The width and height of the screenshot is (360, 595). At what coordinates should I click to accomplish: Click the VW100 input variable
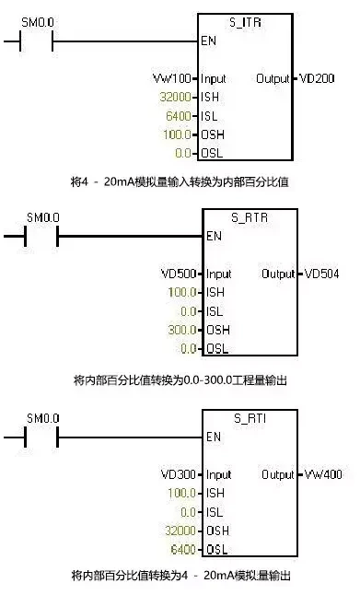[x=170, y=78]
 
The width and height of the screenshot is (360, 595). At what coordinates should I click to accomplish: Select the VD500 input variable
[x=180, y=274]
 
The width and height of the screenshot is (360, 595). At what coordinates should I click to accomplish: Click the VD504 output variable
[x=323, y=274]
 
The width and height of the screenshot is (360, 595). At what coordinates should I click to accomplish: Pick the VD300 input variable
[x=180, y=474]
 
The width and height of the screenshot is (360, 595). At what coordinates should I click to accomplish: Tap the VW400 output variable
[x=323, y=474]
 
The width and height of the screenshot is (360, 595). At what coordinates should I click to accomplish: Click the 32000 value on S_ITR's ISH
[x=173, y=98]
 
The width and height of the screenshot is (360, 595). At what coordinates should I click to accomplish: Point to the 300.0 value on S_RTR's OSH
[x=182, y=330]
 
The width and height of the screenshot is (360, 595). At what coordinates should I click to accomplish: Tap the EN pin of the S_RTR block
[x=215, y=236]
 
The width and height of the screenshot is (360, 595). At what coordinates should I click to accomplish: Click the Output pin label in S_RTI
[x=277, y=474]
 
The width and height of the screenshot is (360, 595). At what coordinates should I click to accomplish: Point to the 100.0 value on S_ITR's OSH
[x=176, y=134]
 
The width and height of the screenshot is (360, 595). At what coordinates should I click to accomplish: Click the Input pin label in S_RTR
[x=219, y=274]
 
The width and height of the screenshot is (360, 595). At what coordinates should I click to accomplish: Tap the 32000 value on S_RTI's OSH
[x=180, y=531]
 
